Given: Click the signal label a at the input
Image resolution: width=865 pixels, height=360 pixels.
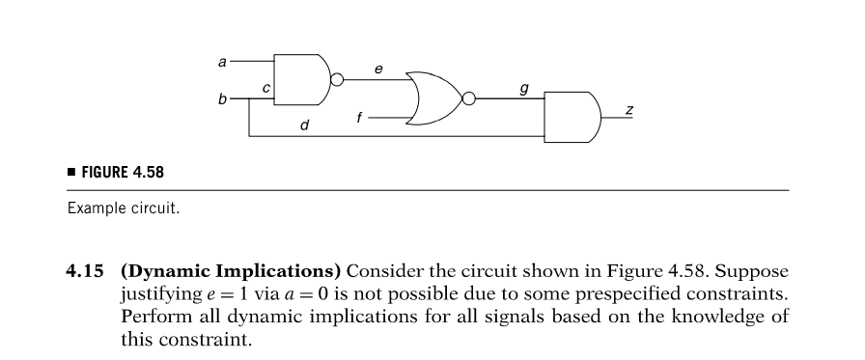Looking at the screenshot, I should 222,62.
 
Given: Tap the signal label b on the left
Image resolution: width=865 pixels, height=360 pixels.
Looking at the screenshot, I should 222,98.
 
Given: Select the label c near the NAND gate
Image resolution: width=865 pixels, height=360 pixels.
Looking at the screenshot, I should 265,89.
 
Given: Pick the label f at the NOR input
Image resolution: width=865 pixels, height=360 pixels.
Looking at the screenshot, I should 360,117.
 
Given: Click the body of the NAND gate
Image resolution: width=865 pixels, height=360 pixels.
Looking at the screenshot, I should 301,79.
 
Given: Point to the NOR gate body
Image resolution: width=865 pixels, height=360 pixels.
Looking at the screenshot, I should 433,97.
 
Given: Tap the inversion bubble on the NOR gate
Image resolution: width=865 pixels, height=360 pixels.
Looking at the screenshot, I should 469,97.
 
